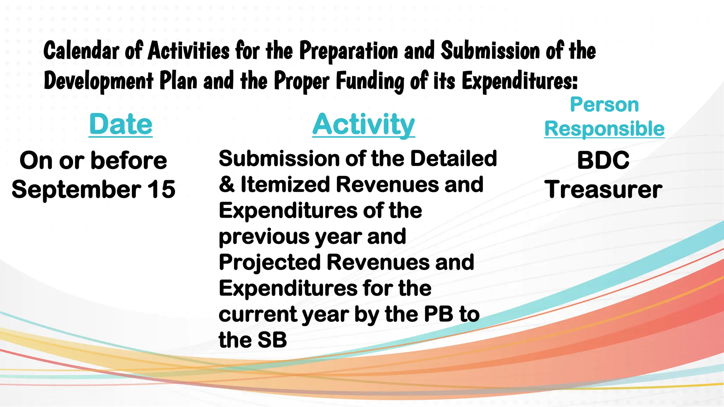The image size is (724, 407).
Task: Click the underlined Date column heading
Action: (121, 124)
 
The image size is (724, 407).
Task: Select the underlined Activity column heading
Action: (363, 124)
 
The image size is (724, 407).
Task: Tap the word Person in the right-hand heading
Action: (604, 105)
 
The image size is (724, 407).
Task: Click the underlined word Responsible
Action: (604, 129)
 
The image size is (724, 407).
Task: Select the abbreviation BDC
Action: (603, 160)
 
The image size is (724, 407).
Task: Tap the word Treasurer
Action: (603, 189)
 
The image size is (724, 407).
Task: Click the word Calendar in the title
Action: (81, 51)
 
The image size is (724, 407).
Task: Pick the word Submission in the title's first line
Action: (490, 51)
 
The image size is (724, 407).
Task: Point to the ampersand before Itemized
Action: (227, 184)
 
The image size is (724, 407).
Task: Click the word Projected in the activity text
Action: (270, 262)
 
